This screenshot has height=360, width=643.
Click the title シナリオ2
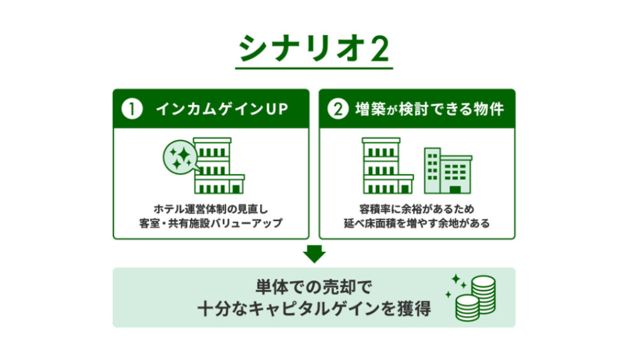coord(314,49)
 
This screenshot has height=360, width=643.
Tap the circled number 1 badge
coord(132,109)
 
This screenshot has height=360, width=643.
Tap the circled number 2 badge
coord(338,109)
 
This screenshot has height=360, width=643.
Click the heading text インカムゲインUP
coord(222,109)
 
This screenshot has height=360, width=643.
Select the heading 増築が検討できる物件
coord(430,109)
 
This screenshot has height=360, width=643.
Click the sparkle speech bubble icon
coord(181,158)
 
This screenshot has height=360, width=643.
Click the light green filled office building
coord(448,171)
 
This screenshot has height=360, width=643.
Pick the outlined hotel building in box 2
coord(387,165)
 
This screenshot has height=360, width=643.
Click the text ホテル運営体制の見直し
coord(211,209)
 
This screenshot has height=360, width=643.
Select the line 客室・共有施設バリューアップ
coord(211,223)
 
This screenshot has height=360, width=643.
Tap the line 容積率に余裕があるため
coord(417,209)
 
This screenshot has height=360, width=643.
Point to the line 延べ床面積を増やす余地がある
coord(417,223)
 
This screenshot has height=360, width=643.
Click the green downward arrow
coord(315,254)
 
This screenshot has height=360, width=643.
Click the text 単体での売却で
coord(314,287)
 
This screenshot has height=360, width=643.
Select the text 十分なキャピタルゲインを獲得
coord(314,308)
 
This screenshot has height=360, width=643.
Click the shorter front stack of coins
coord(467,308)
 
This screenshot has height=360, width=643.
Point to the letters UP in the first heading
coord(277,109)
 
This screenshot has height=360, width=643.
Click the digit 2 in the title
coord(380,49)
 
